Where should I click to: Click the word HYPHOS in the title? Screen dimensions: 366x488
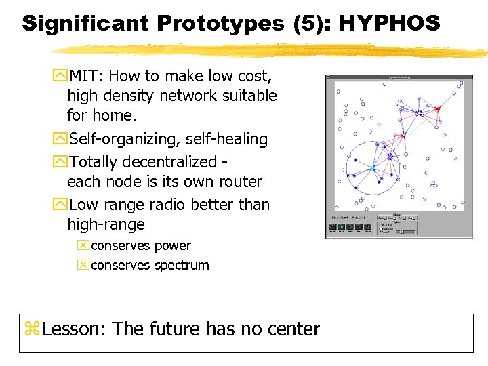(389, 23)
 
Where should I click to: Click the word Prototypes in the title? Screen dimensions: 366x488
(222, 23)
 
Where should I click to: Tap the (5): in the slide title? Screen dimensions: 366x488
(314, 23)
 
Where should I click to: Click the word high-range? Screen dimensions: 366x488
(106, 224)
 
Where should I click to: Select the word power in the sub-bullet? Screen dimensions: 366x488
(173, 245)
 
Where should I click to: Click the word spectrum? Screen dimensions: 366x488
(182, 265)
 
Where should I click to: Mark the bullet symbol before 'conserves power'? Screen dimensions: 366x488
(83, 245)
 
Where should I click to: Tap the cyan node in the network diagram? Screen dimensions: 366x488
(372, 167)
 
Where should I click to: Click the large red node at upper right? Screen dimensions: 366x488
(438, 108)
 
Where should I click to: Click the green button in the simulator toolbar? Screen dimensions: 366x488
(342, 227)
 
